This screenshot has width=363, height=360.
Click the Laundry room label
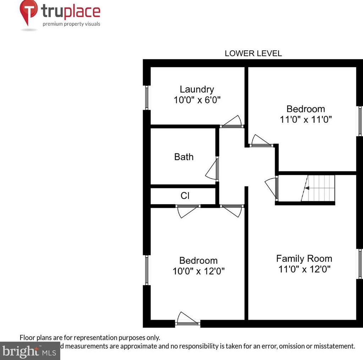197,89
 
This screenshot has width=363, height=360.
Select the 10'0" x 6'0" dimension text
197,100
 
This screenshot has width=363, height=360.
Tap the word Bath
184,157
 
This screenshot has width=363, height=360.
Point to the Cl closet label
185,196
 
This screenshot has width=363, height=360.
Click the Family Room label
304,258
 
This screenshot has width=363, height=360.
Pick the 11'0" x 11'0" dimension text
306,120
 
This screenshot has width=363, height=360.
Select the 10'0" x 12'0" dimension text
198,271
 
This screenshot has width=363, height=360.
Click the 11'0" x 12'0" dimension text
304,269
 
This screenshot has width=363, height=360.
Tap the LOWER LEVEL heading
253,53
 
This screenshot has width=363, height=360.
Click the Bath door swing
213,170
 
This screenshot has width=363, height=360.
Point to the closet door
188,211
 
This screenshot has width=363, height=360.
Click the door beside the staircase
271,187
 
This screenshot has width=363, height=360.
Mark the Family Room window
360,263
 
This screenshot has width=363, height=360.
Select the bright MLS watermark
28,351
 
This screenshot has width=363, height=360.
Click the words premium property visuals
71,24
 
